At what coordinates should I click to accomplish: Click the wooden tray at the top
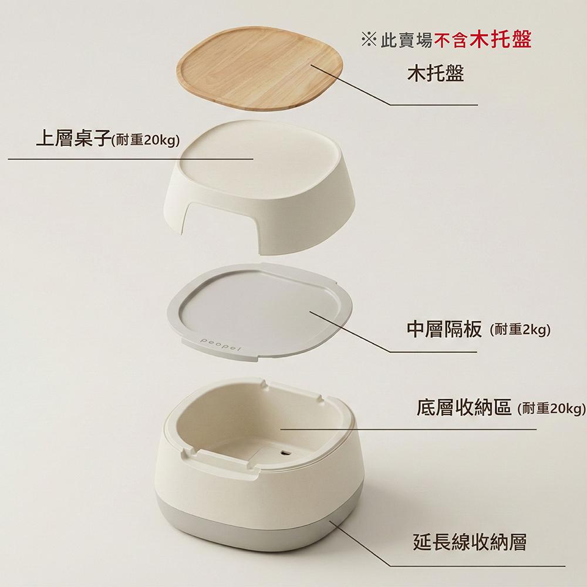(259, 69)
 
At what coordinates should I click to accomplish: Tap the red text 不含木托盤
(483, 39)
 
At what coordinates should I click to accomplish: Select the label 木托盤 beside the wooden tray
(436, 73)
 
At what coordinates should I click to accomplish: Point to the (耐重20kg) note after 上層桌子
(146, 140)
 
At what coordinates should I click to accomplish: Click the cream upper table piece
(259, 187)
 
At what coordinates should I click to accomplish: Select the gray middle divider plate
(260, 312)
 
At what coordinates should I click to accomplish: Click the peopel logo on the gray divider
(221, 345)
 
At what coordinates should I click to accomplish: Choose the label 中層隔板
(444, 329)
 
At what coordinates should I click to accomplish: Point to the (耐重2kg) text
(520, 330)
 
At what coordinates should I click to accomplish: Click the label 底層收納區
(464, 408)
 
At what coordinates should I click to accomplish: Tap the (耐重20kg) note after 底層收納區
(551, 409)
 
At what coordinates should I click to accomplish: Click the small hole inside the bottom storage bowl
(285, 453)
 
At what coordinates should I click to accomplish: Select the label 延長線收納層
(470, 542)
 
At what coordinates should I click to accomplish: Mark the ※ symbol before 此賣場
(369, 40)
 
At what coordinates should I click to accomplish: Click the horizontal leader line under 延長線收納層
(478, 566)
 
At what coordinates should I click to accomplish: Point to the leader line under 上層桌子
(131, 158)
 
